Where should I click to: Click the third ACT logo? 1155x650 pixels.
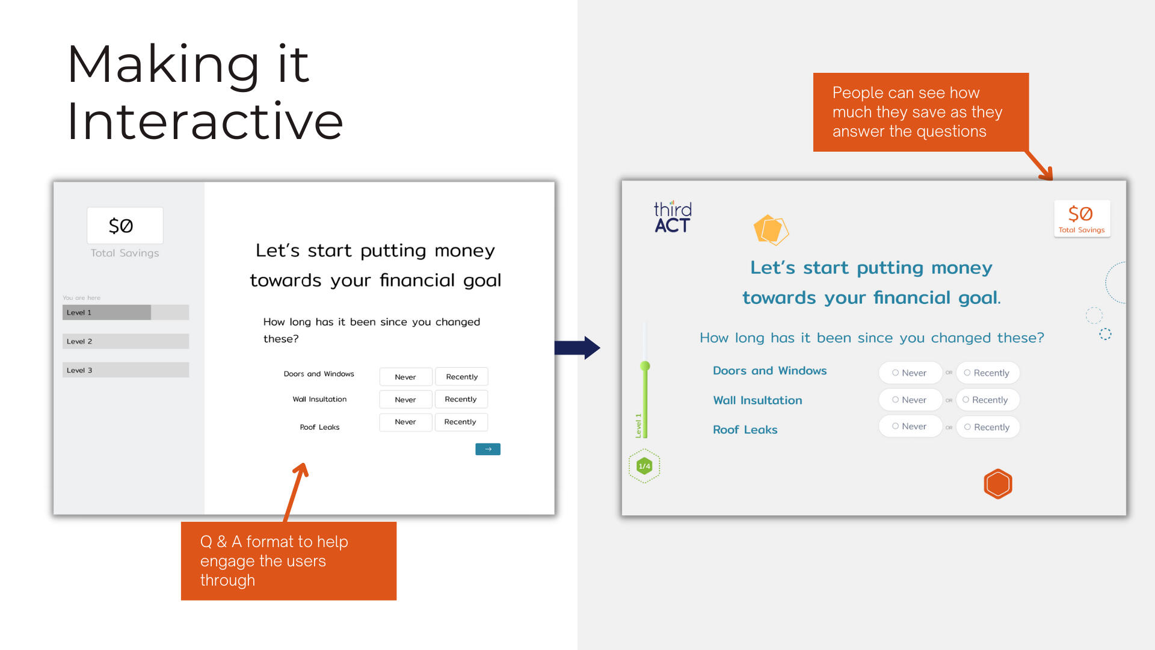point(673,217)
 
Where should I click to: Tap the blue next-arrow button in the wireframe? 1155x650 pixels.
point(488,449)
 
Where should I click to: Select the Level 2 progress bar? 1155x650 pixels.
point(126,341)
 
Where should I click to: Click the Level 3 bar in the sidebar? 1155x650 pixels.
point(126,370)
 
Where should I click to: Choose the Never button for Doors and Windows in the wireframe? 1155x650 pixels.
point(405,377)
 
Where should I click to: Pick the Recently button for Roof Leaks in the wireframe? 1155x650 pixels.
point(461,422)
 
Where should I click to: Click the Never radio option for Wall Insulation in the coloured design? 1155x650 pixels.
point(910,400)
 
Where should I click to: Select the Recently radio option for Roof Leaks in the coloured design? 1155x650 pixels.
point(988,427)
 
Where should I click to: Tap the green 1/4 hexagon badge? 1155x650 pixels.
point(644,466)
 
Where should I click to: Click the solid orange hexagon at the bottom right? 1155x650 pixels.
point(998,484)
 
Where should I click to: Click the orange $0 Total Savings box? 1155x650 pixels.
point(1082,218)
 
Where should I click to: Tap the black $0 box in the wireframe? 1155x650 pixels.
point(125,226)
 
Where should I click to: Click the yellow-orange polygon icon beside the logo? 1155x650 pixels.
point(771,230)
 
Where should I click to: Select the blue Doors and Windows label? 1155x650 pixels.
point(769,371)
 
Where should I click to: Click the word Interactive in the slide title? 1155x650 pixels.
point(205,122)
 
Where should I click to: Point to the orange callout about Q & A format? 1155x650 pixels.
point(289,561)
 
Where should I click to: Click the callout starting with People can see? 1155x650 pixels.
point(921,112)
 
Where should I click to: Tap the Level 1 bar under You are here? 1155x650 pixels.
point(126,312)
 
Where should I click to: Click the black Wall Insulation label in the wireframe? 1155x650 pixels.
point(319,399)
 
